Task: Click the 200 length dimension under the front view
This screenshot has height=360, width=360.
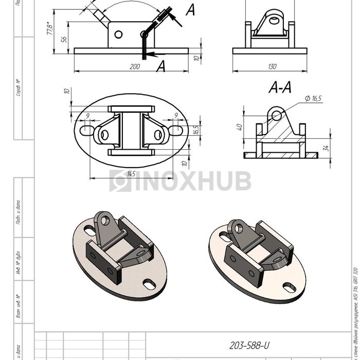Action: click(135, 66)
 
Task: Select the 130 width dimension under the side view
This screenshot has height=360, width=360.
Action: click(272, 66)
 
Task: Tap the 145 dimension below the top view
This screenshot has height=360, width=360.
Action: click(131, 174)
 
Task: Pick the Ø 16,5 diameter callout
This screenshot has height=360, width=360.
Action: click(314, 98)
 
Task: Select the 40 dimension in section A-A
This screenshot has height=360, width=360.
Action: click(239, 127)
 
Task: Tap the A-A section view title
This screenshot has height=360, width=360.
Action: click(280, 88)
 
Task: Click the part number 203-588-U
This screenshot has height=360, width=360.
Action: click(249, 346)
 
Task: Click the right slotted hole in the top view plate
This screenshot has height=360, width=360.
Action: click(174, 128)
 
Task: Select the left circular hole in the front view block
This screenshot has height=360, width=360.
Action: click(118, 34)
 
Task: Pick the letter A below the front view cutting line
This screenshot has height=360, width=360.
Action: click(161, 66)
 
